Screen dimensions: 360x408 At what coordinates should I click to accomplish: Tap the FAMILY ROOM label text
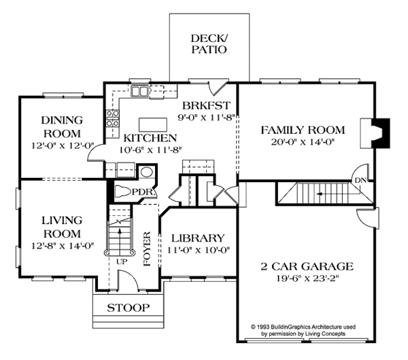[303, 130]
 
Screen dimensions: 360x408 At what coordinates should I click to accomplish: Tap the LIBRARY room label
[198, 238]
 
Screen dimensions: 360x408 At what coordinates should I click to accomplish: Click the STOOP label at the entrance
[129, 308]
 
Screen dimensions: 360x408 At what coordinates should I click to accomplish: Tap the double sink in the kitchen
[141, 90]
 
